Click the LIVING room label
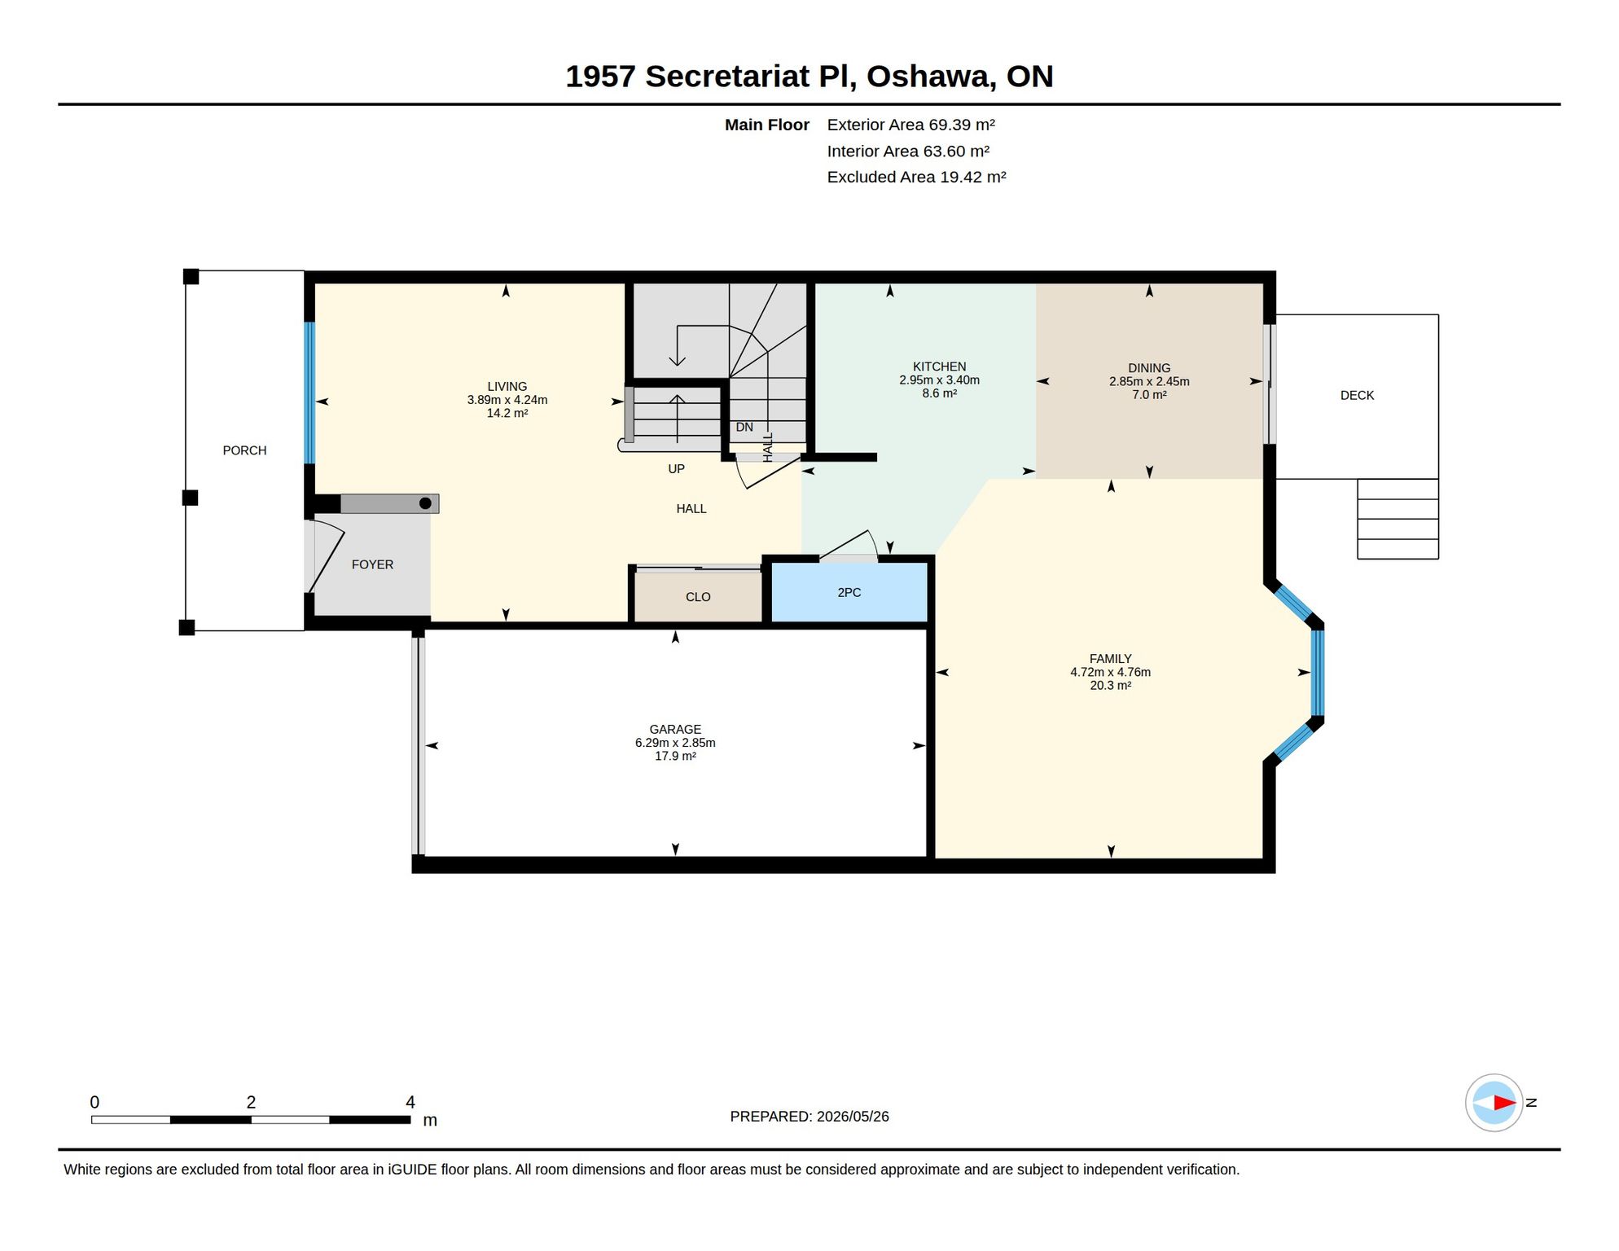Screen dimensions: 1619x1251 tap(507, 387)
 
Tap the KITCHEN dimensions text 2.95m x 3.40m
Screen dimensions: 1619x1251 tap(939, 380)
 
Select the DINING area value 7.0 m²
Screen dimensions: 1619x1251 tap(1149, 395)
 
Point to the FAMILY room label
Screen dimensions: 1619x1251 tap(1110, 659)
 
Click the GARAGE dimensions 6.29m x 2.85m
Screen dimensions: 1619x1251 tap(675, 743)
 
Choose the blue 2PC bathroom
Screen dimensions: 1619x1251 tap(849, 592)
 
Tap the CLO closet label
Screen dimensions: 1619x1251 tap(698, 597)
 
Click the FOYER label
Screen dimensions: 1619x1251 tap(372, 564)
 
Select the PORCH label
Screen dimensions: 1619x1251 tap(244, 450)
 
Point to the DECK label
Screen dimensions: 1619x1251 tap(1357, 396)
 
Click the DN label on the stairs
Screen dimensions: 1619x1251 tap(744, 428)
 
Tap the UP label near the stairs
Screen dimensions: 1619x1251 tap(676, 469)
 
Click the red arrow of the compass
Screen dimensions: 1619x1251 tap(1504, 1103)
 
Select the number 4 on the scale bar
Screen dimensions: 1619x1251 tap(410, 1102)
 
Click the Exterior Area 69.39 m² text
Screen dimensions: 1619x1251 tap(910, 125)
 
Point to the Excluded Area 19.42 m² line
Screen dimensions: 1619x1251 tap(916, 177)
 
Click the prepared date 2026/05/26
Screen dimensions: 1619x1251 tap(853, 1117)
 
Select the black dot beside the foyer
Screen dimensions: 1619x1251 tap(425, 503)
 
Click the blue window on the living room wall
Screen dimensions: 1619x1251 tap(309, 393)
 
